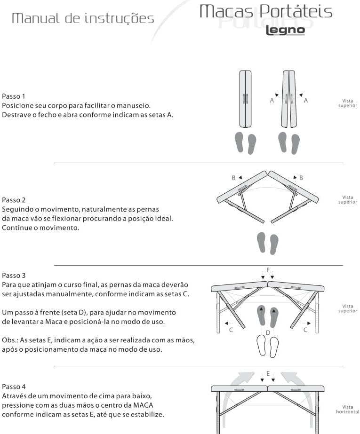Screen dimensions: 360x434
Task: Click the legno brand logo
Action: click(x=285, y=31)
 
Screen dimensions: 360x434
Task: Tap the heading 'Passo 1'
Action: click(x=14, y=96)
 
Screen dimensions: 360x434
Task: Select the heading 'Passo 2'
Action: click(x=14, y=200)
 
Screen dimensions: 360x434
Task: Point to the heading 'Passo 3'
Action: click(x=14, y=276)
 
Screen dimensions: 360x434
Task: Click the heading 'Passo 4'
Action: click(x=14, y=387)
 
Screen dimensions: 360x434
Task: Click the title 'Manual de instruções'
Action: click(x=83, y=18)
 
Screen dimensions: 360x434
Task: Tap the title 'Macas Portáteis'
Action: click(x=266, y=12)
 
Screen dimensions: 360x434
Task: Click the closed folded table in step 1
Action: click(x=245, y=99)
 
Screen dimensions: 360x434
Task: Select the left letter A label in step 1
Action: click(x=272, y=101)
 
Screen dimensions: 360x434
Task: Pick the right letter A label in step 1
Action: click(x=306, y=101)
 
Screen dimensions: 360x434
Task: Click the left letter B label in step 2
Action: click(x=234, y=178)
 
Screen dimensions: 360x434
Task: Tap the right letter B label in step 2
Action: click(x=301, y=178)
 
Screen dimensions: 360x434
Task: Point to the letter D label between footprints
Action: click(x=268, y=333)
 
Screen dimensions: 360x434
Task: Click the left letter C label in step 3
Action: click(x=231, y=330)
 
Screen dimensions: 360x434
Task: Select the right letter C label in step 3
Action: click(x=305, y=330)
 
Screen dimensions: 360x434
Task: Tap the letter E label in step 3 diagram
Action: click(x=268, y=270)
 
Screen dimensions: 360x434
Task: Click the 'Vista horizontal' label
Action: click(x=348, y=410)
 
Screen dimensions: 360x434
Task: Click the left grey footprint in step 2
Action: click(x=261, y=242)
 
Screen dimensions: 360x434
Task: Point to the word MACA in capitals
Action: click(x=143, y=405)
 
